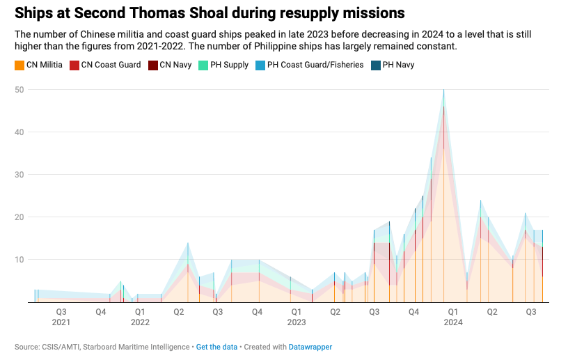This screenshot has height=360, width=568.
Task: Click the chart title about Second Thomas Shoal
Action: point(210,14)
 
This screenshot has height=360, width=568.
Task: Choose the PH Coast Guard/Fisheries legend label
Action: point(315,65)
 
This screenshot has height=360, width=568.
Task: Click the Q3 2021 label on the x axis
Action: point(61,317)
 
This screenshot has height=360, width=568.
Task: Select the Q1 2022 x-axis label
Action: point(140,317)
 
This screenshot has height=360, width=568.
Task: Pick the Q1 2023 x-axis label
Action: point(297,317)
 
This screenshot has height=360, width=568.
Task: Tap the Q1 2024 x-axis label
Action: point(452,317)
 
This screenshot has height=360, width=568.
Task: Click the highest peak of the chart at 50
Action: point(444,91)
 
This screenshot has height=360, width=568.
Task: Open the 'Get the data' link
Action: point(216,347)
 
